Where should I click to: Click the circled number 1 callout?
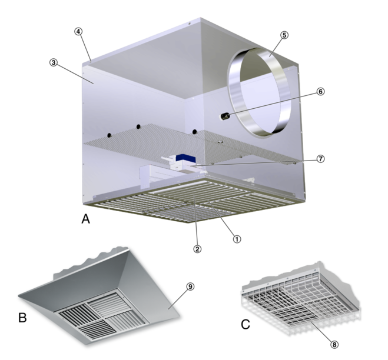pyautogui.click(x=237, y=239)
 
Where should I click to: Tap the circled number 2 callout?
pyautogui.click(x=197, y=249)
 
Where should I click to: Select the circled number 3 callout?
pyautogui.click(x=54, y=62)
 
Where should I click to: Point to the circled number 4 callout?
pyautogui.click(x=78, y=31)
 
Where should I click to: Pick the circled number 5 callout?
pyautogui.click(x=284, y=35)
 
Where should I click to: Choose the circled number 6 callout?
pyautogui.click(x=320, y=92)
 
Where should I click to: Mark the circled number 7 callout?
pyautogui.click(x=320, y=159)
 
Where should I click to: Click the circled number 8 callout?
pyautogui.click(x=334, y=345)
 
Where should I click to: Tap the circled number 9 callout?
pyautogui.click(x=190, y=286)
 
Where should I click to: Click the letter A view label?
pyautogui.click(x=85, y=219)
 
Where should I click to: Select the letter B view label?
pyautogui.click(x=22, y=318)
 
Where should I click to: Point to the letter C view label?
pyautogui.click(x=246, y=324)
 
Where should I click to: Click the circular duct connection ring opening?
pyautogui.click(x=259, y=92)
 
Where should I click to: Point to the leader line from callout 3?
pyautogui.click(x=75, y=74)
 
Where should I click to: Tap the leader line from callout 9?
pyautogui.click(x=178, y=299)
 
